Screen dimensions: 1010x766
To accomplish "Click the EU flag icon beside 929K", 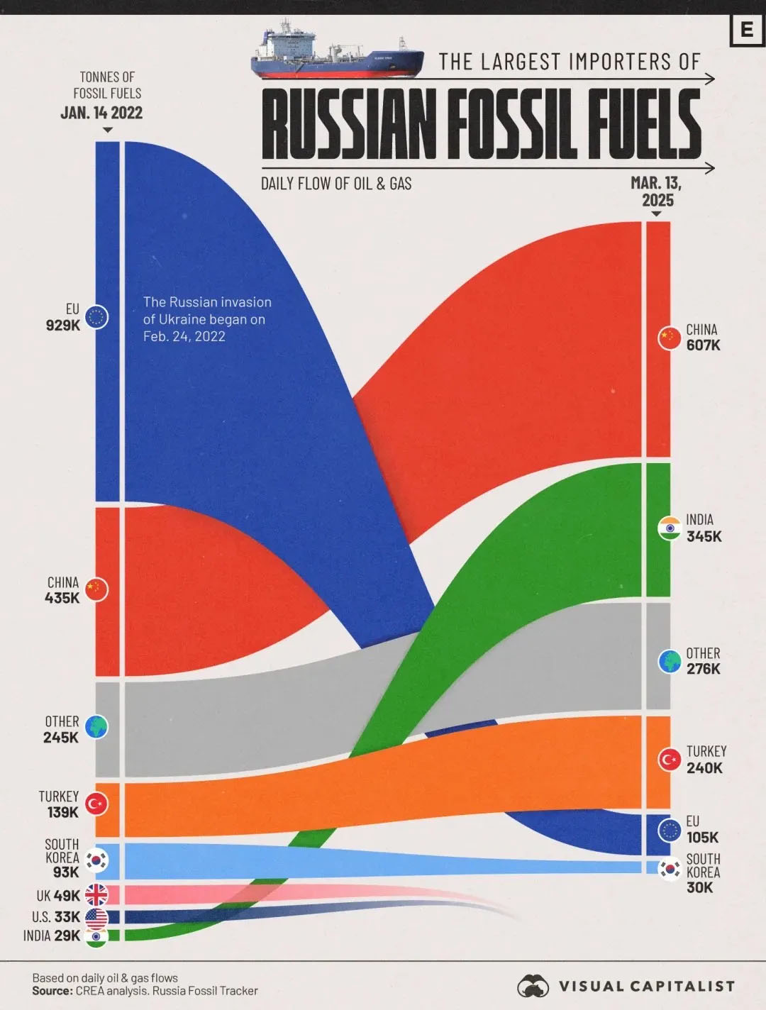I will pos(96,317).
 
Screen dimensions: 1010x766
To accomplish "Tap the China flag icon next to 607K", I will pos(670,338).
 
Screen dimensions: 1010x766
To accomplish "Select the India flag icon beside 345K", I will pos(670,528).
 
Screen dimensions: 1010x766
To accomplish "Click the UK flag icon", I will pos(96,895).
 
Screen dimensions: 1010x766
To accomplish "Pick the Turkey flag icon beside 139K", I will pos(96,804).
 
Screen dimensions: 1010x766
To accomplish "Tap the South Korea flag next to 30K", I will pos(670,869).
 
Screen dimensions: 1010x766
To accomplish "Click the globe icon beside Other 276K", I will pos(670,661).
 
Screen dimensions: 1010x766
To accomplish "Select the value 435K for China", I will pos(62,598).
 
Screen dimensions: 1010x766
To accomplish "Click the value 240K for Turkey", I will pos(704,767).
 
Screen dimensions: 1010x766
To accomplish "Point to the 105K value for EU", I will pos(702,837).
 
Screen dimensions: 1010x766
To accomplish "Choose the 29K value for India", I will pos(67,936).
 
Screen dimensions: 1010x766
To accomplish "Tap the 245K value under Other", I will pos(61,738).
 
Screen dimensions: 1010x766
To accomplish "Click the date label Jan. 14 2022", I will pos(101,113).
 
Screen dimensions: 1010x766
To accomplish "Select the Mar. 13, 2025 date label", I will pos(656,192).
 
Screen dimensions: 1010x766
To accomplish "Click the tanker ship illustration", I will pos(337,51).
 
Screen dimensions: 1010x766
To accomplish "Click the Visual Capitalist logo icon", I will pos(533,986).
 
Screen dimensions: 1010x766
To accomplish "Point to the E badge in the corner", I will pos(746,30).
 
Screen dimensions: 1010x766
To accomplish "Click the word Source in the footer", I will pos(52,991).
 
